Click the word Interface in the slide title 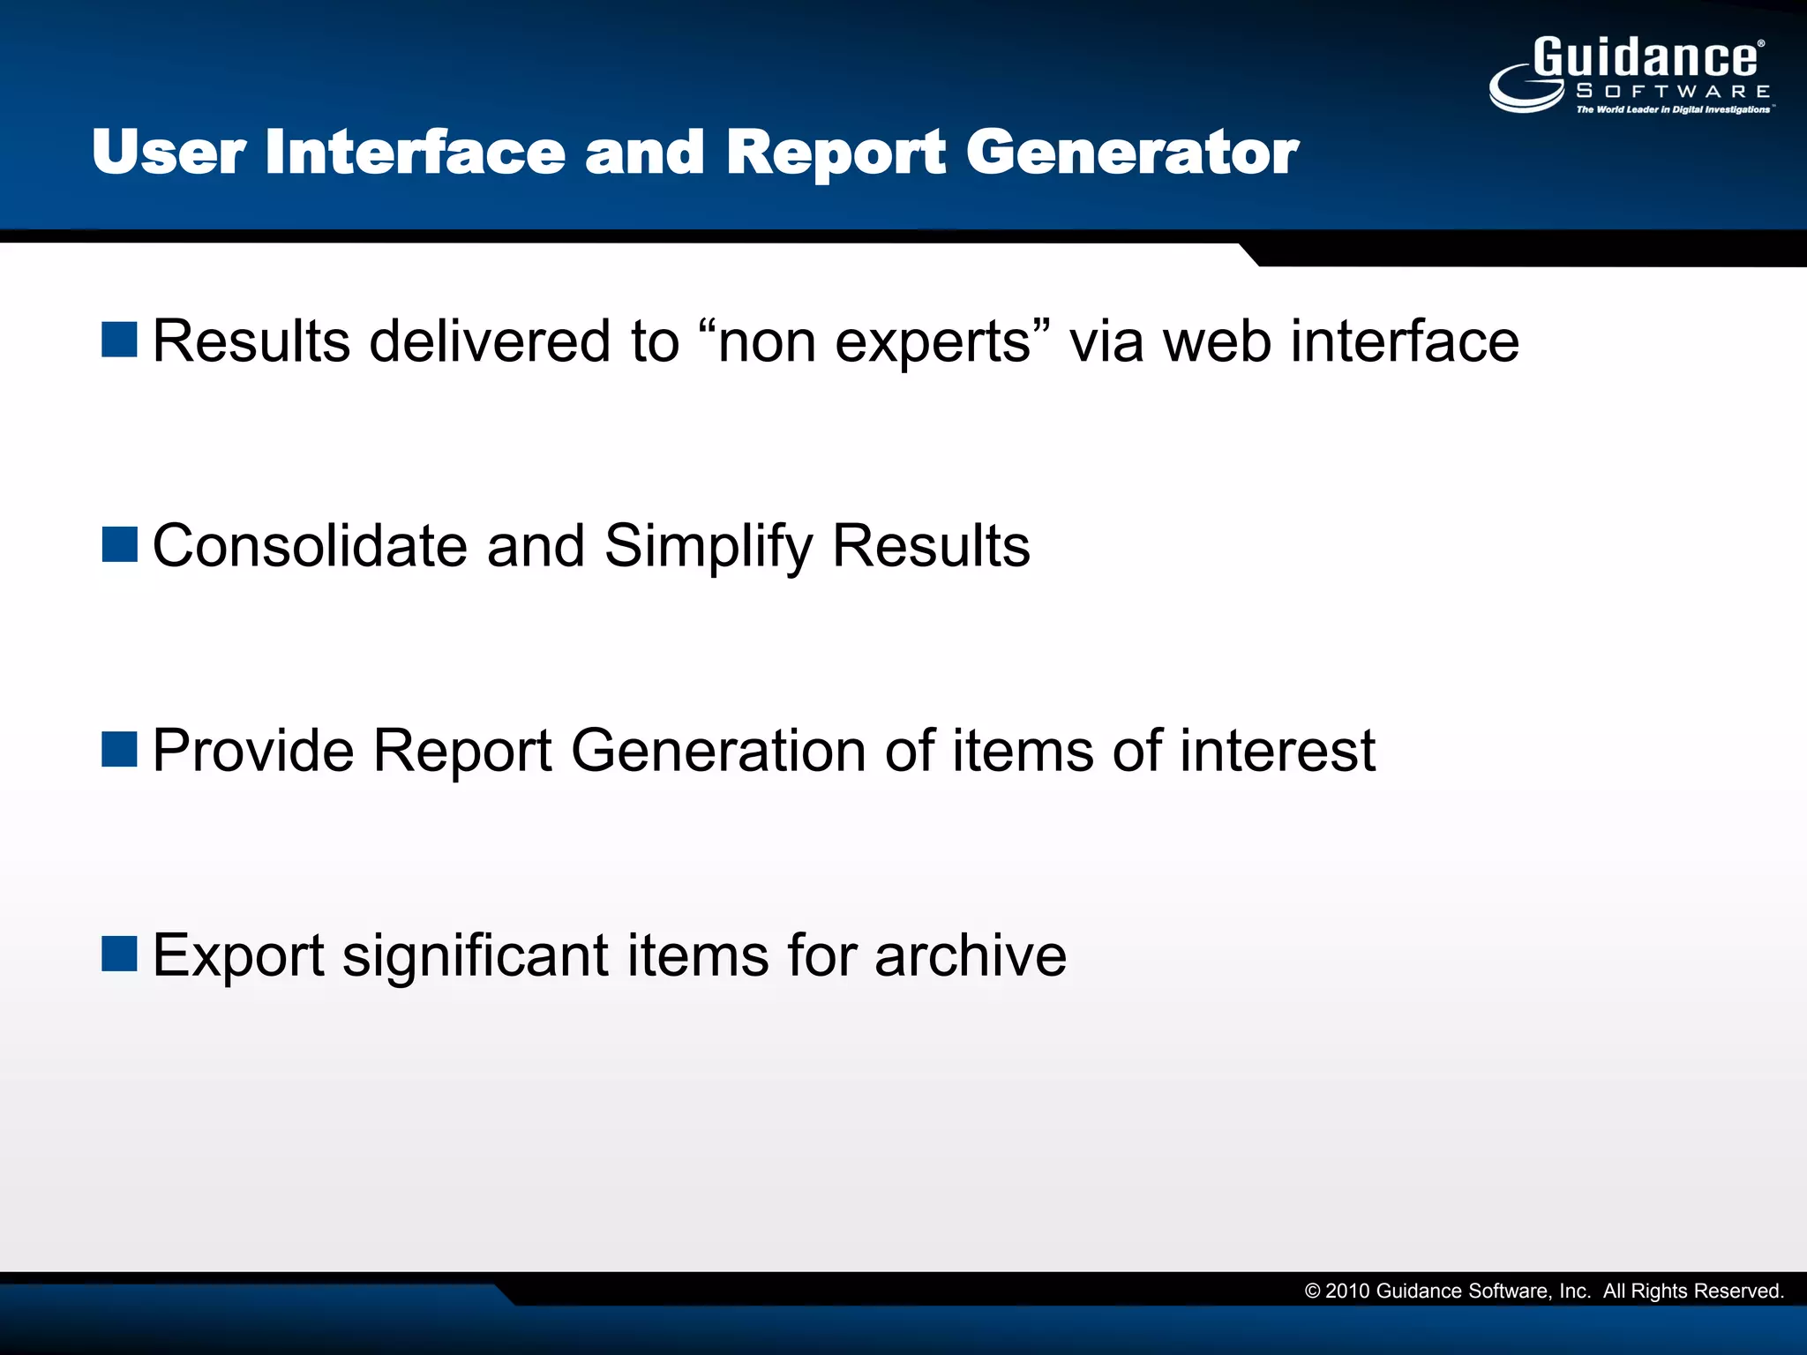point(415,152)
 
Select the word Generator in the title point(1132,152)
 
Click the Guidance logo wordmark point(1646,58)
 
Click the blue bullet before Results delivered point(119,340)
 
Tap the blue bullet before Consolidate point(119,544)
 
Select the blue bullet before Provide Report point(119,749)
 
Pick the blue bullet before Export point(119,954)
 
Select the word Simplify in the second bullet point(709,547)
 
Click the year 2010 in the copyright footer point(1347,1291)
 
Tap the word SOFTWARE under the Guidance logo point(1673,91)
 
